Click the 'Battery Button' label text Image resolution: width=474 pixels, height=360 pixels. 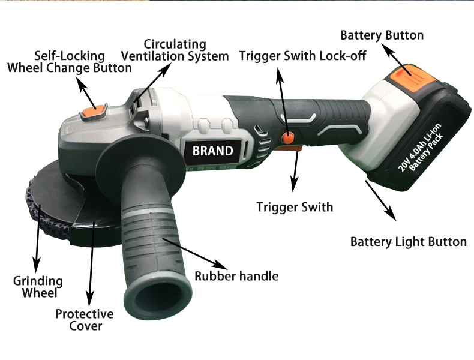pyautogui.click(x=382, y=35)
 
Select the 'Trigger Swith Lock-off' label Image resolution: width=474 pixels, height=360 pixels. pyautogui.click(x=302, y=56)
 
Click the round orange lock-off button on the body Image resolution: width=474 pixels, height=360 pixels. pyautogui.click(x=289, y=137)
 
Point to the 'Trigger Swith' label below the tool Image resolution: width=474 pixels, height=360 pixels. pyautogui.click(x=295, y=207)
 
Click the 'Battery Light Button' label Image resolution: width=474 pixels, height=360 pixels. pyautogui.click(x=408, y=242)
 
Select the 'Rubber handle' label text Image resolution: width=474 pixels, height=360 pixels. pyautogui.click(x=236, y=276)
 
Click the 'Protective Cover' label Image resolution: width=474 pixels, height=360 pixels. pyautogui.click(x=85, y=320)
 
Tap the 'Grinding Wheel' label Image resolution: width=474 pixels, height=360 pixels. pyautogui.click(x=38, y=287)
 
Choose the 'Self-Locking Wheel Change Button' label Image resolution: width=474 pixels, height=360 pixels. pyautogui.click(x=70, y=62)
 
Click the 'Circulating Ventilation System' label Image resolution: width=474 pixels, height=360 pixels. pyautogui.click(x=175, y=50)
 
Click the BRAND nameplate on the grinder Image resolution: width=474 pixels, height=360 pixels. pyautogui.click(x=212, y=150)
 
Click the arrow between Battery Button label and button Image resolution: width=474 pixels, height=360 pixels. pyautogui.click(x=397, y=61)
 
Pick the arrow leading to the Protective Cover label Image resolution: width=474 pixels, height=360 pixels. pyautogui.click(x=91, y=264)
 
